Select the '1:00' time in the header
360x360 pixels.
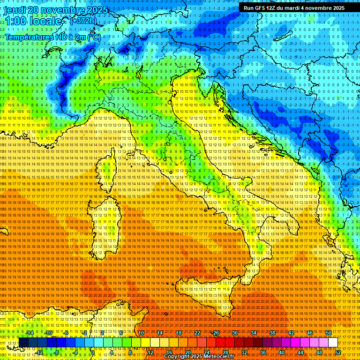(16, 22)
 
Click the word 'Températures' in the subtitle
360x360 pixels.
(28, 37)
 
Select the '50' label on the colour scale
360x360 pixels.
(329, 333)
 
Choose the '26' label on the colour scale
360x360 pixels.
(216, 333)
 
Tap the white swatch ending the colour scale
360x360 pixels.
(333, 343)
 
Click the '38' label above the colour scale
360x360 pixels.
(272, 333)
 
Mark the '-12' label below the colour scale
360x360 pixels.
(39, 352)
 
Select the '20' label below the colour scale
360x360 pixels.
(188, 352)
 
